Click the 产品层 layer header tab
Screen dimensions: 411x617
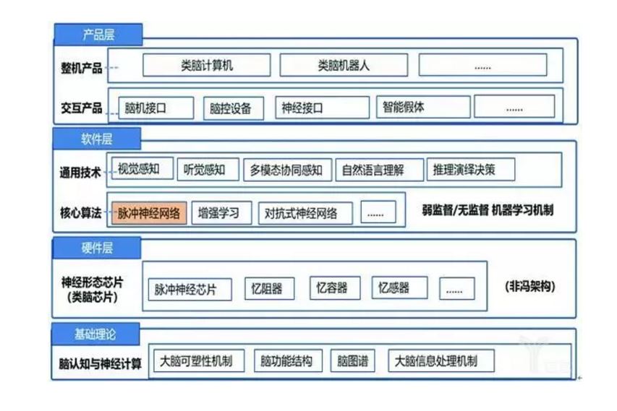pyautogui.click(x=98, y=34)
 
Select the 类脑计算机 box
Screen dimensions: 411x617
pyautogui.click(x=206, y=65)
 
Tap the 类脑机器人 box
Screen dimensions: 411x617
pyautogui.click(x=344, y=65)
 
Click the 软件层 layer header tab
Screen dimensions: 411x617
pyautogui.click(x=96, y=139)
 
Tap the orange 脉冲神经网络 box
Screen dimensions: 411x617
pyautogui.click(x=149, y=213)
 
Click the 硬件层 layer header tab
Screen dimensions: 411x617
pyautogui.click(x=96, y=248)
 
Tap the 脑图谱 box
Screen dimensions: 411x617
pyautogui.click(x=353, y=360)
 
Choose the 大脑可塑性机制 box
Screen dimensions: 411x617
pyautogui.click(x=198, y=360)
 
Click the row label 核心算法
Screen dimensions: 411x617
pyautogui.click(x=82, y=214)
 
